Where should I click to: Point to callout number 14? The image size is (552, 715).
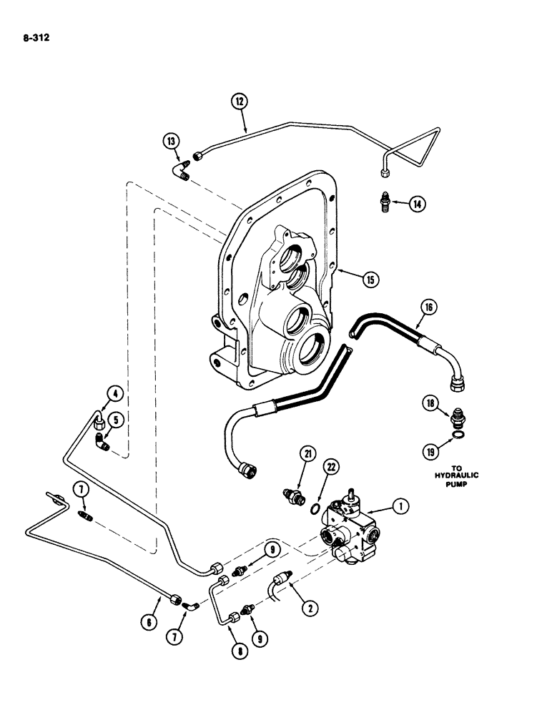[x=417, y=204]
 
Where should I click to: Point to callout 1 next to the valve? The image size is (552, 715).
[x=402, y=507]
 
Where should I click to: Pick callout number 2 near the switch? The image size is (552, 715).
[x=310, y=608]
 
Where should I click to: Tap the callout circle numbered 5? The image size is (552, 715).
[x=112, y=418]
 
